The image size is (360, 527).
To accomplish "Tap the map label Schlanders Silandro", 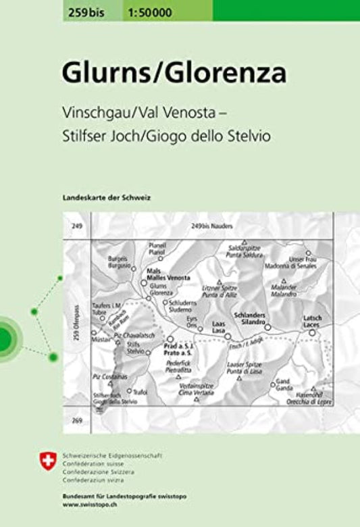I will tap(249, 318).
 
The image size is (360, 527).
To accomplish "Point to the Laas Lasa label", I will tap(218, 327).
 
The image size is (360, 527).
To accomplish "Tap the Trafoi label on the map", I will tap(140, 391).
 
